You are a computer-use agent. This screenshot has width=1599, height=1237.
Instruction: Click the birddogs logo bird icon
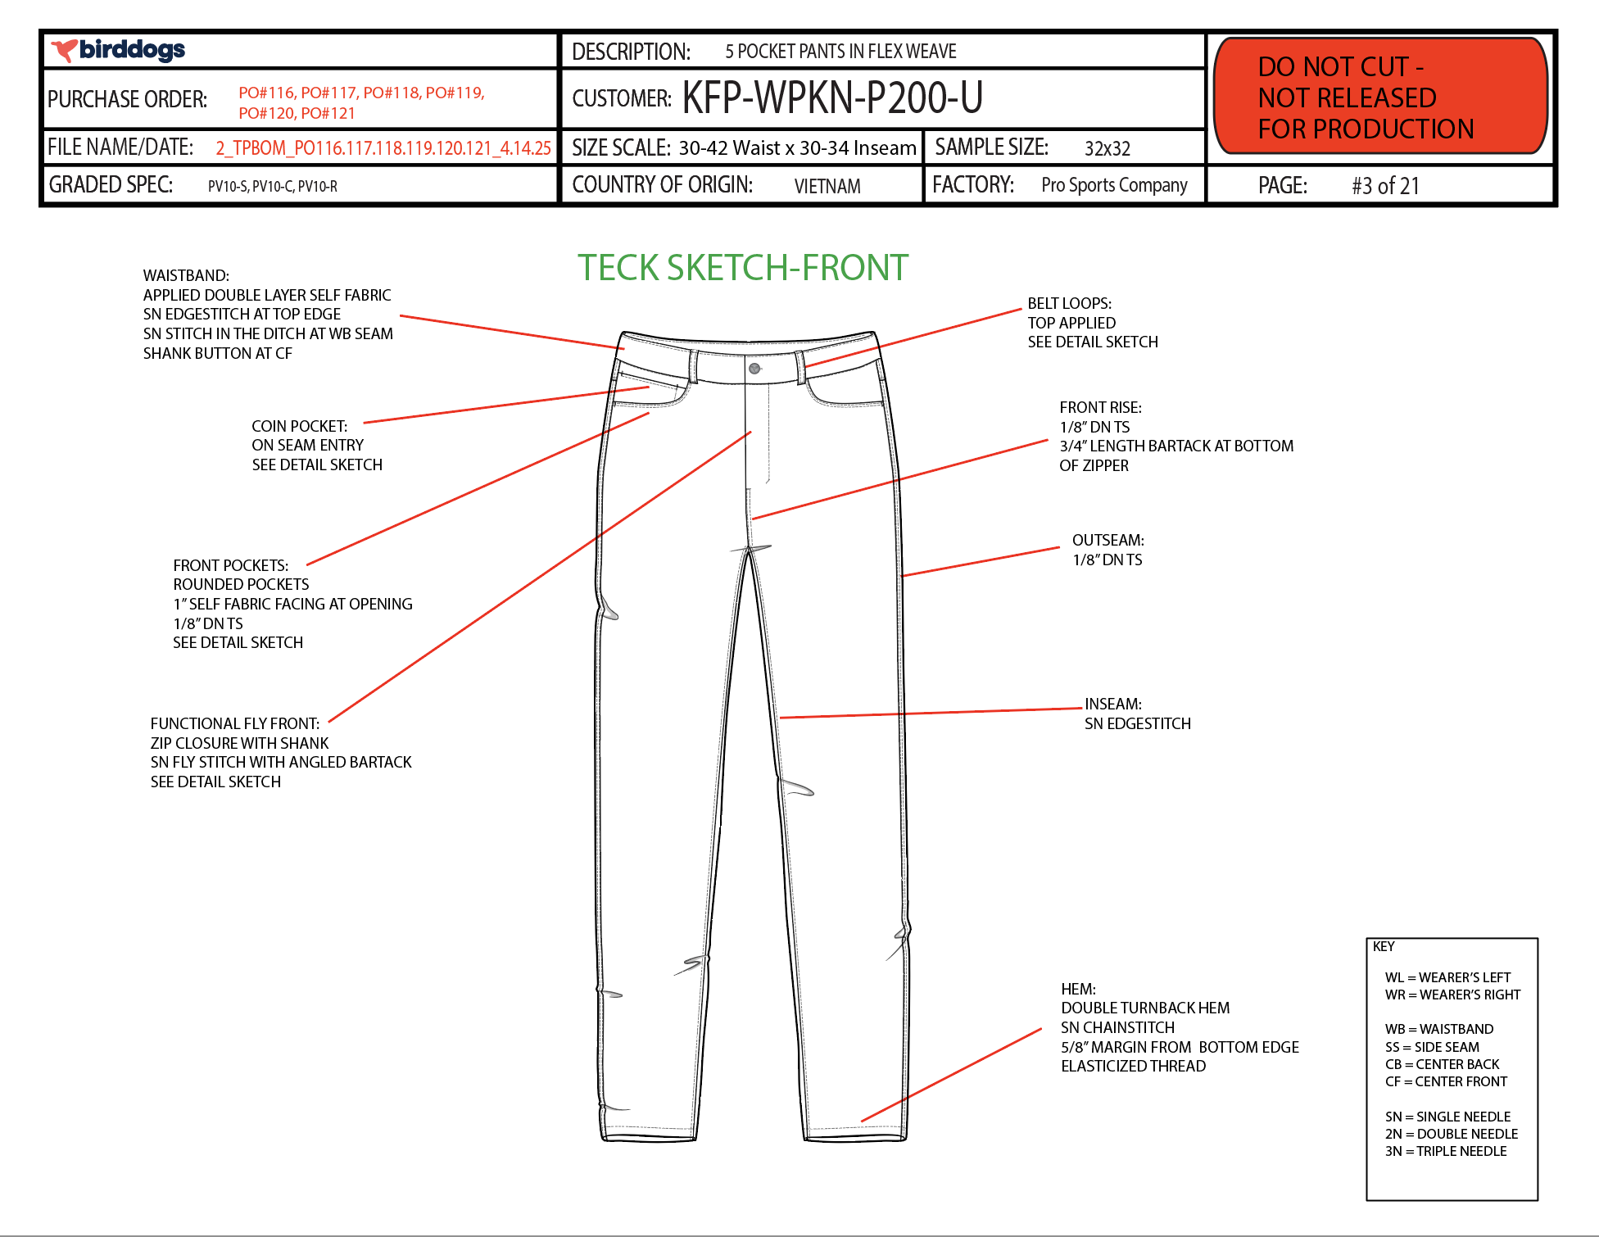tap(65, 50)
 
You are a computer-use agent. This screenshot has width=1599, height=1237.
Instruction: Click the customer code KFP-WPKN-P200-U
tap(832, 98)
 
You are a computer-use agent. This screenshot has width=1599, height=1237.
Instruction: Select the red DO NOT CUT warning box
tap(1379, 97)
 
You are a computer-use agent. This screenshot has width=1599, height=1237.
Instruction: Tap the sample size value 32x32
tap(1107, 148)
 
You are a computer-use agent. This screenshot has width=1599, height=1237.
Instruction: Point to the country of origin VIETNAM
tap(827, 186)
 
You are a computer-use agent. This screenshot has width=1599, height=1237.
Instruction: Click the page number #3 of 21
tap(1385, 186)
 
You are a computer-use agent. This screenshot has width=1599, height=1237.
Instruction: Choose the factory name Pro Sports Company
tap(1114, 185)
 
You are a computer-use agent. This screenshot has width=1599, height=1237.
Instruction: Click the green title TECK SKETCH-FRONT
tap(743, 268)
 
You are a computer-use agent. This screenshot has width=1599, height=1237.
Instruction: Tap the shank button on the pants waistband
tap(754, 369)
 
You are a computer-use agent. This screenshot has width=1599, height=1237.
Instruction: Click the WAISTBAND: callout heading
tap(186, 275)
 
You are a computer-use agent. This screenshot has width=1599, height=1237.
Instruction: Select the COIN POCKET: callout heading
tap(299, 426)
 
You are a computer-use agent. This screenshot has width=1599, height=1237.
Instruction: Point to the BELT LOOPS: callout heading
tap(1069, 303)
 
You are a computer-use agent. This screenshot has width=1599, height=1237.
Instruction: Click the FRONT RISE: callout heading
tap(1100, 407)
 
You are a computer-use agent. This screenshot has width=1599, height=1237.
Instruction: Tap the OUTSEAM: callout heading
tap(1108, 540)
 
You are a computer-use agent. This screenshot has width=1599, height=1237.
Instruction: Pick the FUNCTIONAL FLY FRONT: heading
tap(234, 723)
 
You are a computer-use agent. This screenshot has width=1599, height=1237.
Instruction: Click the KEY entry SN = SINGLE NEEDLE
tap(1447, 1117)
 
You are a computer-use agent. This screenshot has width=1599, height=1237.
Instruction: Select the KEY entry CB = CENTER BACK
tap(1442, 1064)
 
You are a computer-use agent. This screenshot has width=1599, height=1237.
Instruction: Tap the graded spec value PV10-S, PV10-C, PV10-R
tap(272, 186)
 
